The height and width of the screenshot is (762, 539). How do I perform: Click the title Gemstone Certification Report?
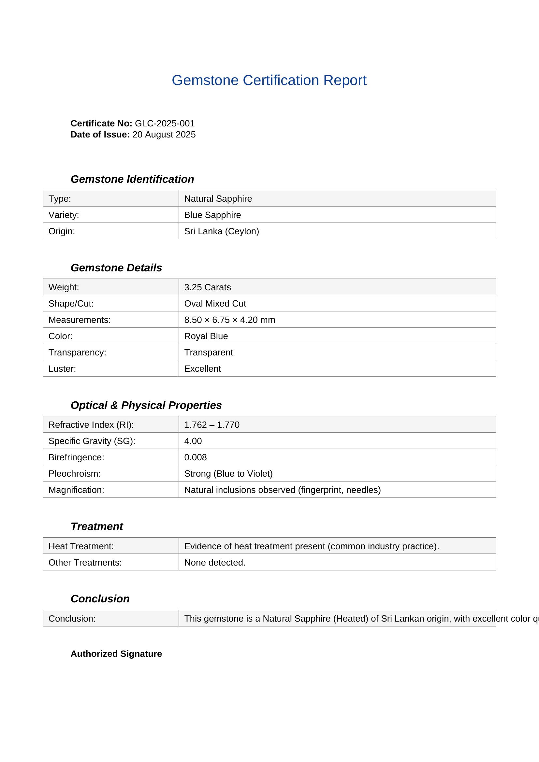(x=269, y=80)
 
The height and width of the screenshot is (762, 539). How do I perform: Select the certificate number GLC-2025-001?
(x=165, y=123)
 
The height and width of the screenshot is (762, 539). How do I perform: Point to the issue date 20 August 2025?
(x=164, y=135)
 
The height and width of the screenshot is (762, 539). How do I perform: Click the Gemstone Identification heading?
(x=132, y=179)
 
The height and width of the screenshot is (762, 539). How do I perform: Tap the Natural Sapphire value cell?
(x=218, y=198)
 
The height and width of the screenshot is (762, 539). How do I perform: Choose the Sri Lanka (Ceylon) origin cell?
(x=221, y=231)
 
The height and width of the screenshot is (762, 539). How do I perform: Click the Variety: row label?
(x=64, y=215)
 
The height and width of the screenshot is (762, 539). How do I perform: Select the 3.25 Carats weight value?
(x=208, y=287)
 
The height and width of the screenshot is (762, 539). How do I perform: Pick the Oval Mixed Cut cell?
(x=215, y=303)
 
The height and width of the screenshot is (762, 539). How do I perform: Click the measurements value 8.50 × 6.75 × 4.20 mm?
(x=230, y=320)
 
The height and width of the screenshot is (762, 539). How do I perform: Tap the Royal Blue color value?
(x=206, y=336)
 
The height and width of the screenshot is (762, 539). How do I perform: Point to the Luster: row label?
(x=62, y=368)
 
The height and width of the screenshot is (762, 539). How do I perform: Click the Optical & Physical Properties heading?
(x=146, y=405)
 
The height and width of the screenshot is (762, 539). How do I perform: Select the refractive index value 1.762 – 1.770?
(x=212, y=424)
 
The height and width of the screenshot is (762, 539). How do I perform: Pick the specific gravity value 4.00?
(x=193, y=441)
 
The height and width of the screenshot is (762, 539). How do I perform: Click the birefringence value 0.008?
(x=196, y=457)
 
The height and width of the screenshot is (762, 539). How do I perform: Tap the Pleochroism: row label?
(x=74, y=473)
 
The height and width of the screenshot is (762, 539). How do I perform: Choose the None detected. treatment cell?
(x=215, y=563)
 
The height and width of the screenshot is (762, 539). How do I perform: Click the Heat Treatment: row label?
(x=81, y=546)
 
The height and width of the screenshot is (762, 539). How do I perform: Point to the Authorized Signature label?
(x=116, y=654)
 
